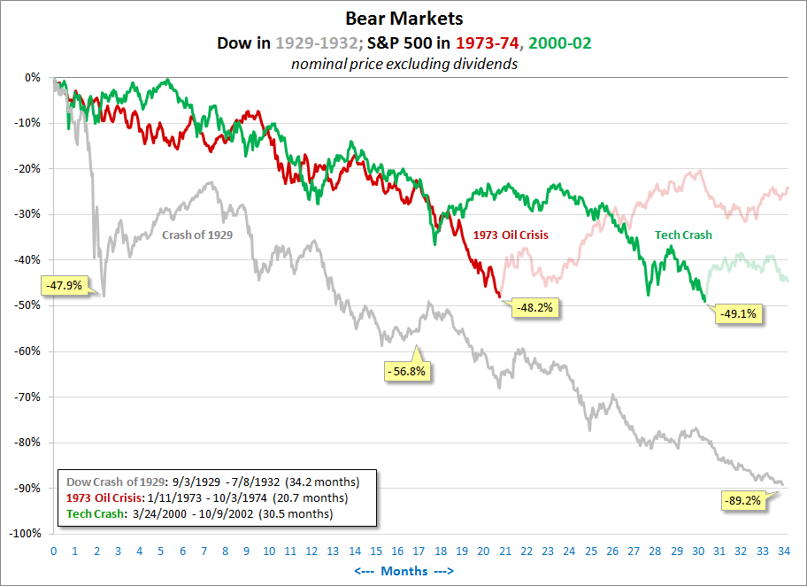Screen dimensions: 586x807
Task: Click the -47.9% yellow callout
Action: [x=64, y=286]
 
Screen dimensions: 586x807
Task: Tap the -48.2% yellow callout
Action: [x=536, y=307]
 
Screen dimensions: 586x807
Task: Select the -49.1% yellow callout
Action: [x=740, y=312]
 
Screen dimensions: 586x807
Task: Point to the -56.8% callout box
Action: [x=407, y=372]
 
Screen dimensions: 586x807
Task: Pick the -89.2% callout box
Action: [x=743, y=500]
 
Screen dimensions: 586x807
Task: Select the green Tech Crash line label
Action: [x=683, y=235]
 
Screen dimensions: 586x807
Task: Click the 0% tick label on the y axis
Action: [x=33, y=77]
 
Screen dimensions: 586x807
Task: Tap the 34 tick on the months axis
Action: [x=783, y=551]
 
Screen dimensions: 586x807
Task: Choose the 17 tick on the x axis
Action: [x=418, y=551]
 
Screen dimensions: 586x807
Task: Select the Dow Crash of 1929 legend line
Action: [x=212, y=482]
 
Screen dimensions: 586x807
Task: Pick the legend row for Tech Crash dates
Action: [x=199, y=514]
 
